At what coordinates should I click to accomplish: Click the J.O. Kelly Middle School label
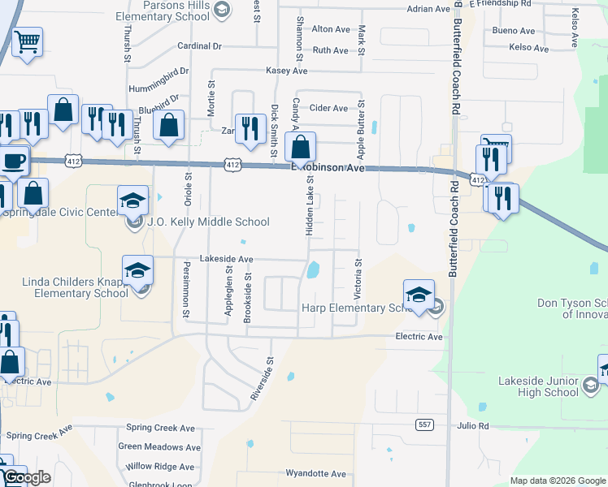click(x=208, y=222)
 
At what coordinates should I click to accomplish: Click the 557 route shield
click(x=423, y=425)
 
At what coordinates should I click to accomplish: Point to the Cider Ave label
click(x=330, y=108)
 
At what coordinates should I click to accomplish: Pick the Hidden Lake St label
click(x=310, y=210)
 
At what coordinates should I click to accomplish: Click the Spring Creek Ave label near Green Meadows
click(x=160, y=428)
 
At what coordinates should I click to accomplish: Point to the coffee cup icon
click(x=14, y=162)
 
